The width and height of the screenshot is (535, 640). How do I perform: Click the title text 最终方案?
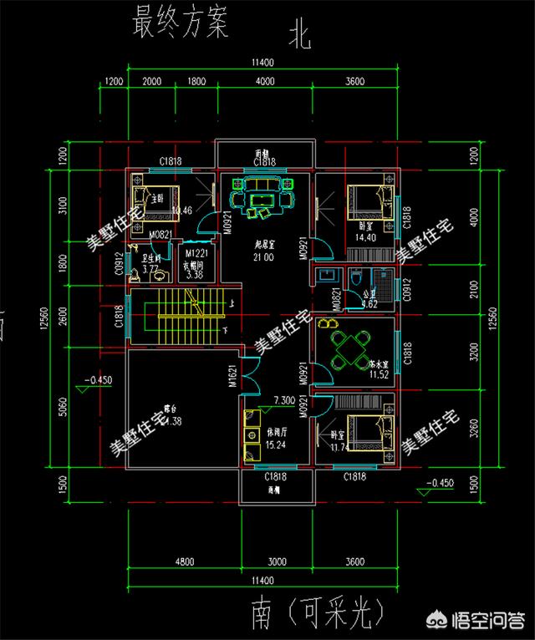pyautogui.click(x=180, y=24)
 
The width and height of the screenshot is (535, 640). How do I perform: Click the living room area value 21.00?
pyautogui.click(x=266, y=258)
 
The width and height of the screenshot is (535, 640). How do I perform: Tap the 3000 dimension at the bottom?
pyautogui.click(x=277, y=561)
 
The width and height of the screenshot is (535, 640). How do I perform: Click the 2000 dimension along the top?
pyautogui.click(x=152, y=82)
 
